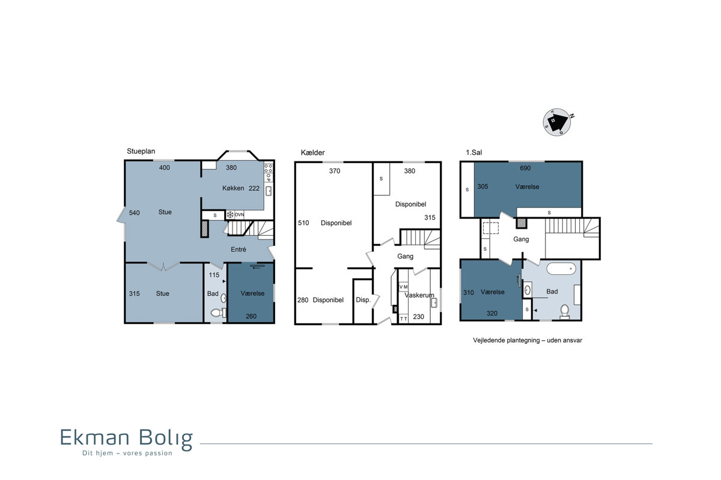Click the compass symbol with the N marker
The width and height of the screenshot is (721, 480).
(x=557, y=122)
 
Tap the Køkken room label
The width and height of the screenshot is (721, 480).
(x=233, y=188)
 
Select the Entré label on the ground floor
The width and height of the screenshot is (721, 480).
(x=238, y=249)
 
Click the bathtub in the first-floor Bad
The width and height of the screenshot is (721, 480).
(x=561, y=268)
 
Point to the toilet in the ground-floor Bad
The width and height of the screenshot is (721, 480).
(x=218, y=312)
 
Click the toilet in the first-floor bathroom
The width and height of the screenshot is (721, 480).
(x=565, y=311)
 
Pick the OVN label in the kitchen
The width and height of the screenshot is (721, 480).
(x=239, y=214)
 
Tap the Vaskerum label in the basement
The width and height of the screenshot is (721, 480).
(x=419, y=295)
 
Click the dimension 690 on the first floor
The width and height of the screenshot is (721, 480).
(x=525, y=168)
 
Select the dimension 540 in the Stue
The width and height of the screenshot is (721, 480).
(x=134, y=212)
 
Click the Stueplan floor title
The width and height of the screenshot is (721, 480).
(x=141, y=151)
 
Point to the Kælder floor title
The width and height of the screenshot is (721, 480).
(x=312, y=152)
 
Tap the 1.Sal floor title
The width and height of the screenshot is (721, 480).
(x=474, y=152)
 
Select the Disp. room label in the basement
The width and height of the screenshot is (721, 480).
(x=363, y=299)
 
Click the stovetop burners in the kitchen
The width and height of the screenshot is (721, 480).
(x=269, y=168)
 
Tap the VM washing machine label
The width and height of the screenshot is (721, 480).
(x=403, y=286)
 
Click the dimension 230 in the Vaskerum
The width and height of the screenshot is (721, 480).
(x=418, y=317)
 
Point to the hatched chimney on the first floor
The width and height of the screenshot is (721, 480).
(x=522, y=223)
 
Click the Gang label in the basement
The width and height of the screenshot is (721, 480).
(x=405, y=256)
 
